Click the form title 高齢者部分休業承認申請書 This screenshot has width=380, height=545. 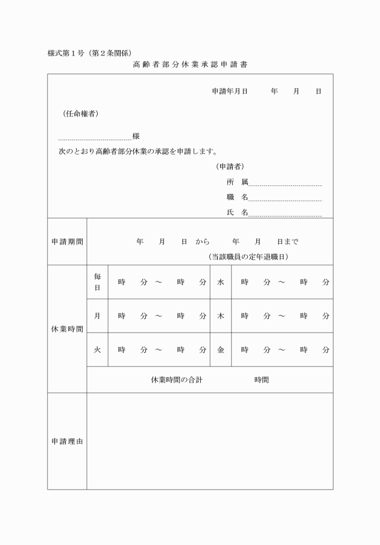click(191, 63)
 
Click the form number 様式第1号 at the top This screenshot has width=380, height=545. click(67, 53)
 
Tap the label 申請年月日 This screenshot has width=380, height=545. click(230, 91)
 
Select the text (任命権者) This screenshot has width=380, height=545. click(80, 113)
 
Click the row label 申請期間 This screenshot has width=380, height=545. click(67, 241)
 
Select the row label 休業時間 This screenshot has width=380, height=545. click(67, 329)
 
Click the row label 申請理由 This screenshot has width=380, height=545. click(67, 441)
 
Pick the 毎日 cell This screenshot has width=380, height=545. click(97, 282)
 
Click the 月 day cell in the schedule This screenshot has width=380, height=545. click(97, 316)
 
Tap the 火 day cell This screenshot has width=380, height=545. click(97, 349)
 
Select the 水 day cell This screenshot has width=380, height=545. click(221, 282)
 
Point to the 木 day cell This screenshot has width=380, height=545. click(221, 316)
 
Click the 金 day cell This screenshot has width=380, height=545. click(221, 349)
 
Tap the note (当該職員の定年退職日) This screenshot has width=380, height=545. click(248, 257)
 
